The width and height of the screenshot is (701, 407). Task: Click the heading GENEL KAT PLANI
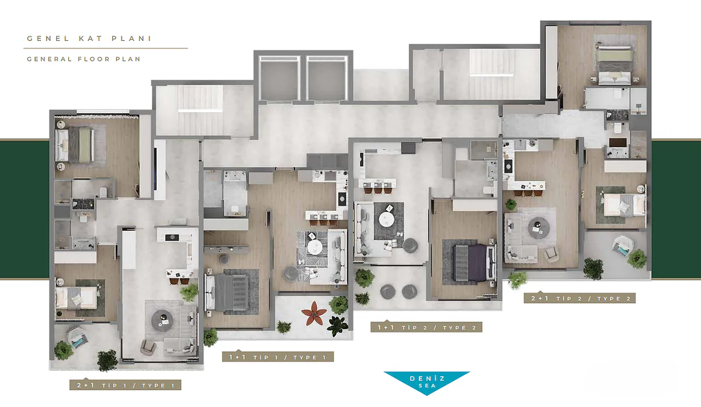[89, 39]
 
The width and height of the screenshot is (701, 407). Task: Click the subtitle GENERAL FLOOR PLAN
[84, 59]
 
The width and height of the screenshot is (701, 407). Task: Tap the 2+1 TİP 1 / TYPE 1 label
[125, 385]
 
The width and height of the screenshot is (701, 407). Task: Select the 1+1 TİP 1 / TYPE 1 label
[278, 357]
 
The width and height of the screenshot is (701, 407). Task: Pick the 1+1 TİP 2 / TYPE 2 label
[426, 327]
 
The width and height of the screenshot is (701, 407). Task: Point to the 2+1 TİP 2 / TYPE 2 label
[579, 298]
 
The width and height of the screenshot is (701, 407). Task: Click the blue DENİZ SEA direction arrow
[427, 382]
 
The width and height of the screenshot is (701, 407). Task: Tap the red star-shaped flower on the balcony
[314, 313]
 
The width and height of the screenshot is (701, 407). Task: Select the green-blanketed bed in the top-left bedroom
[75, 145]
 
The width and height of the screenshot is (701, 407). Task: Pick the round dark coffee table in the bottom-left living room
[162, 321]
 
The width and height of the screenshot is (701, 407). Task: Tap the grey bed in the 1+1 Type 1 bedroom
[227, 292]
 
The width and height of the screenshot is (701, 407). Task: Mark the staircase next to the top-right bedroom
[491, 75]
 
